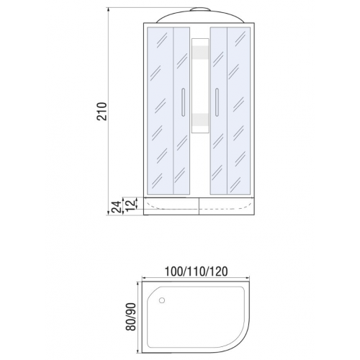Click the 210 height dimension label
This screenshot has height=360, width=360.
102,111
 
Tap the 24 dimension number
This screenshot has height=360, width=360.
117,207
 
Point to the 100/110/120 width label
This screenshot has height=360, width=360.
196,271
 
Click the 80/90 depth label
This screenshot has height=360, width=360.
131,317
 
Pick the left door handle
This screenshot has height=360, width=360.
184,102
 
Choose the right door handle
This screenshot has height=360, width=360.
217,102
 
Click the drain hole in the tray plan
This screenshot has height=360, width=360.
162,300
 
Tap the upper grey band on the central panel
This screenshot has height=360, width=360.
200,53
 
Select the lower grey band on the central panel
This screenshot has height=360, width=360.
200,120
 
